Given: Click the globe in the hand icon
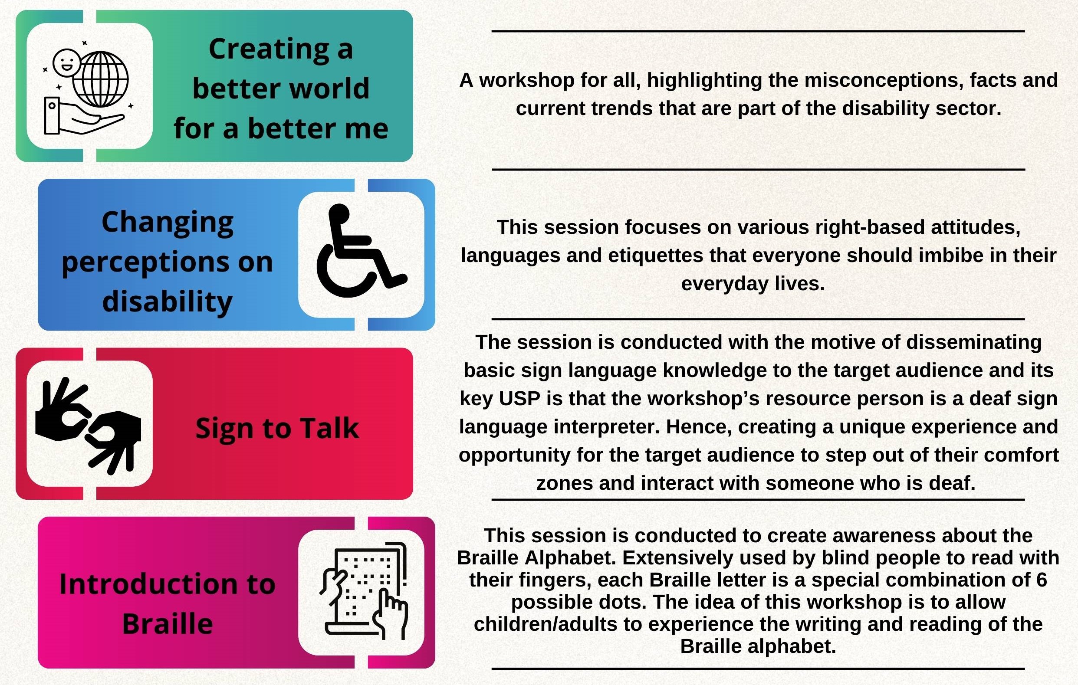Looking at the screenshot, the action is click(x=100, y=80).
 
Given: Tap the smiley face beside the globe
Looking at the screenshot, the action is click(x=67, y=62).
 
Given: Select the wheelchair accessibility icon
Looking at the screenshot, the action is click(x=362, y=251).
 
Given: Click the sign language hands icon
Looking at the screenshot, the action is click(x=88, y=426).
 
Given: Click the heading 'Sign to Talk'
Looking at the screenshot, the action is click(x=277, y=429).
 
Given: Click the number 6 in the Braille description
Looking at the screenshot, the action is click(x=1041, y=580).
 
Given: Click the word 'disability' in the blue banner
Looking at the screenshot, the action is click(x=168, y=301).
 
